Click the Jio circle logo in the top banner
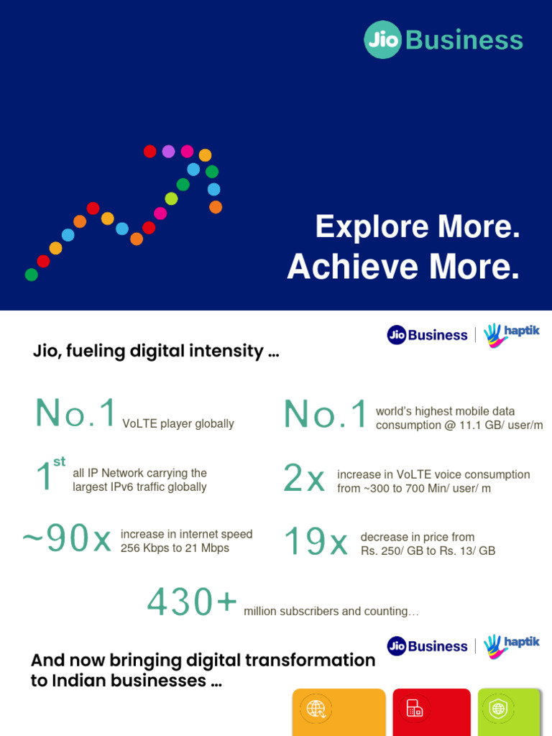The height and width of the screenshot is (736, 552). [x=383, y=40]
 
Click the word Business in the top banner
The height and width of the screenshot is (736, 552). [x=464, y=40]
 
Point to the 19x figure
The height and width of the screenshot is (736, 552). [x=316, y=542]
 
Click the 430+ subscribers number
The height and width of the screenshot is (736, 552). [x=192, y=602]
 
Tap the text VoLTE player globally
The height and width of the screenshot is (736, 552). [x=178, y=424]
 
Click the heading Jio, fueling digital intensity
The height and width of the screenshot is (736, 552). [x=156, y=351]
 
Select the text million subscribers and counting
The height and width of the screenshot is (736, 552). [x=331, y=612]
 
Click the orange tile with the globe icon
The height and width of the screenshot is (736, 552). [x=339, y=712]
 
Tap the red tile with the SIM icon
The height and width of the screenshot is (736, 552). [x=431, y=712]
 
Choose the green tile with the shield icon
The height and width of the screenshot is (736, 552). [x=508, y=712]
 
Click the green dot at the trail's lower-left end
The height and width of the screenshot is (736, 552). [x=31, y=275]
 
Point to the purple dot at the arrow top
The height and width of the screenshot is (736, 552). [x=168, y=151]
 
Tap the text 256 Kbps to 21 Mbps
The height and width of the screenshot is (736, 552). [x=175, y=548]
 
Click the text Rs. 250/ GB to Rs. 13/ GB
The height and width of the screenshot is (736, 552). [x=428, y=551]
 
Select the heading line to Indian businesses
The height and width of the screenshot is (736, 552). [x=126, y=681]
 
